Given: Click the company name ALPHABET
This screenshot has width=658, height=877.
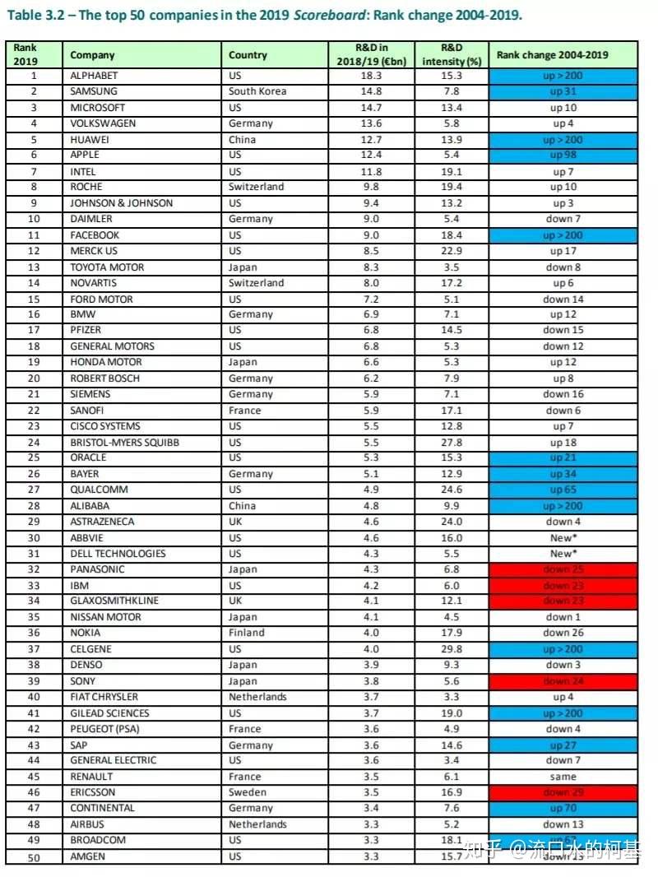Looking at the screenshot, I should point(95,75).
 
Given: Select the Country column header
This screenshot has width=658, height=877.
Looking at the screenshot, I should point(248,55).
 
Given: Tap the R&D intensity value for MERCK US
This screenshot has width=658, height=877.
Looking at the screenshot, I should point(452,251).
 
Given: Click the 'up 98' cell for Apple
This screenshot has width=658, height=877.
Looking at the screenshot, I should point(563,155).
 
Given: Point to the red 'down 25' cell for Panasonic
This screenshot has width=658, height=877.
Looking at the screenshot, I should point(563,569).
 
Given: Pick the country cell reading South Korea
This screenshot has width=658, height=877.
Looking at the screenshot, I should point(257,91).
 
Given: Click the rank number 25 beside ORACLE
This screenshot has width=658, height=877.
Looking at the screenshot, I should point(34,458).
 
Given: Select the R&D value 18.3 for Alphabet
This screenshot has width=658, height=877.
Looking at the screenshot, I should point(373,75).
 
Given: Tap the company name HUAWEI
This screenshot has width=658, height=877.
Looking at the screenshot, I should point(90,139).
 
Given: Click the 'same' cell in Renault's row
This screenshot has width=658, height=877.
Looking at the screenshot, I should point(563,777).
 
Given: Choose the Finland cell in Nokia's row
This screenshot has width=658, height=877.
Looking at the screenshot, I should point(247,633).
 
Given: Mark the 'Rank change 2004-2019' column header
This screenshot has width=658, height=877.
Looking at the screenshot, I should point(563,55).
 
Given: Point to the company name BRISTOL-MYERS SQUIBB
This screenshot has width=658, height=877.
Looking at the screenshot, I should point(124,443).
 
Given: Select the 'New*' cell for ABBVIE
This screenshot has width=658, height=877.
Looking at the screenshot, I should point(563,537).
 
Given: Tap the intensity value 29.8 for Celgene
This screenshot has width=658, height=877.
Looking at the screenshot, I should point(452,649).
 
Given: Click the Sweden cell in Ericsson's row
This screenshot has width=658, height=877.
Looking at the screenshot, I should point(248,792).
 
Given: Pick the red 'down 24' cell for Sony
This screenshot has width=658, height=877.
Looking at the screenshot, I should point(563,681).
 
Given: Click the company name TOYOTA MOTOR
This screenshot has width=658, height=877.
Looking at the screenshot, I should point(107,267).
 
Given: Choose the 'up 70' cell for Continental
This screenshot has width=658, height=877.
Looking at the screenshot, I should point(563,808).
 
